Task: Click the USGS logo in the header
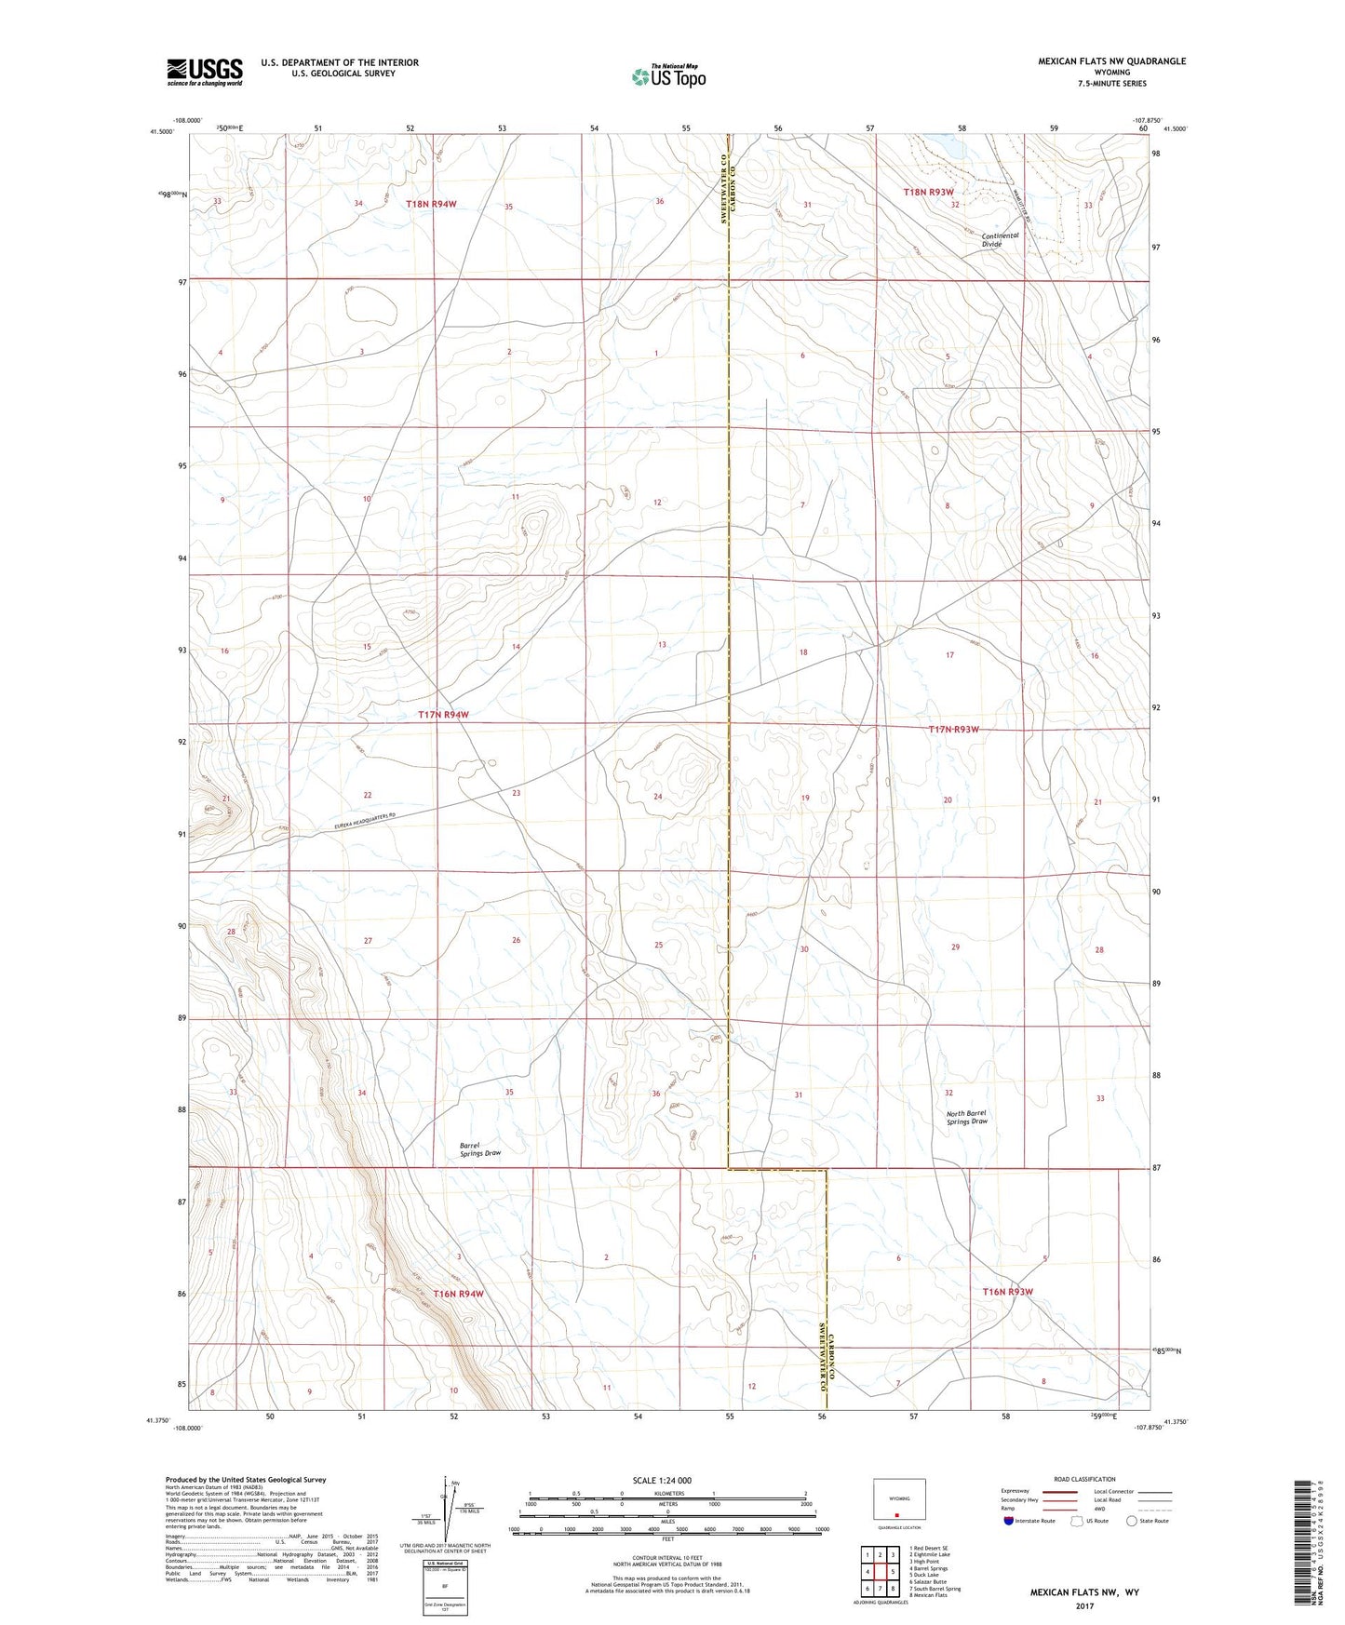(205, 71)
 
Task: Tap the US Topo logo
(668, 76)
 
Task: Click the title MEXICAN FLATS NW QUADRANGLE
(1111, 61)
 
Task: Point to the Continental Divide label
(1000, 239)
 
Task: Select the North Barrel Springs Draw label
(966, 1117)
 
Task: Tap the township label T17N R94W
(443, 715)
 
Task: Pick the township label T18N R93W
(929, 192)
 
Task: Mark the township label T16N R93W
(1008, 1292)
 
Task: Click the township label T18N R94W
(431, 203)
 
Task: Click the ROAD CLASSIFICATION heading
(1084, 1479)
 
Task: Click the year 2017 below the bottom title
(1084, 1606)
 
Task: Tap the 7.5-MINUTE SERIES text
(1112, 84)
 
